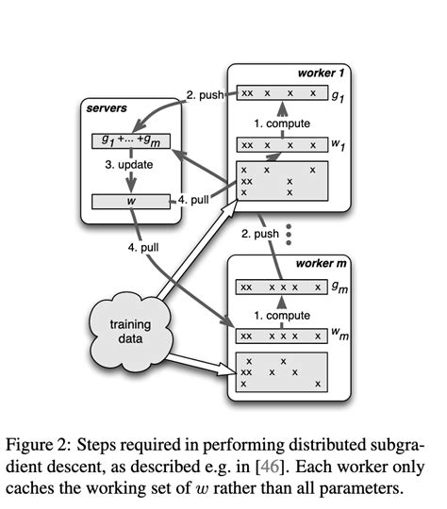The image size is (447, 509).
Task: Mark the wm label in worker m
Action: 341,336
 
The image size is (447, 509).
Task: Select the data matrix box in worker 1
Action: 283,181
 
